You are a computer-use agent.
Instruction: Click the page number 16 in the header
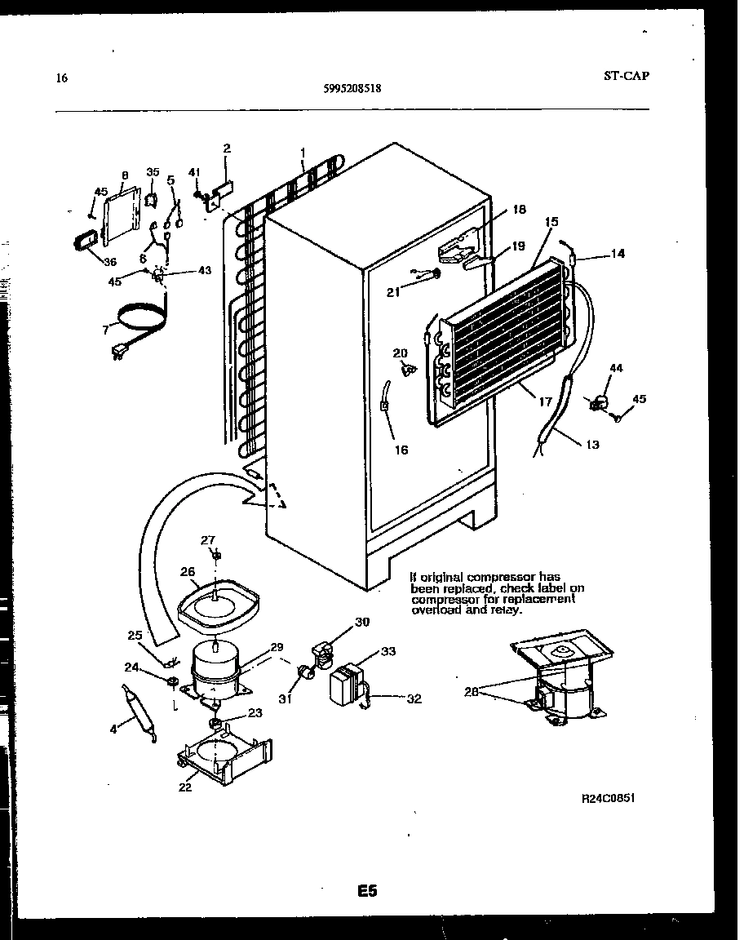[60, 79]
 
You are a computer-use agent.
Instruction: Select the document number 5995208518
[351, 91]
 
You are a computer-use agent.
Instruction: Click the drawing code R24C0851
[608, 799]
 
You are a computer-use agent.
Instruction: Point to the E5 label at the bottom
[366, 891]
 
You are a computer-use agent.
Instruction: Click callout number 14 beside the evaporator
[618, 254]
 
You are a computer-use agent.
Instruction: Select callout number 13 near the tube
[591, 445]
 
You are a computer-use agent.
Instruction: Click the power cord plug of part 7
[120, 352]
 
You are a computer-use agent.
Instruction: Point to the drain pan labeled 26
[218, 603]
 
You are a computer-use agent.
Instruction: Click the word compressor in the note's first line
[506, 578]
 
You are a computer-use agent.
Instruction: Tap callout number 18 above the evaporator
[520, 210]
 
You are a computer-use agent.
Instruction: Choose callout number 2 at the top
[227, 149]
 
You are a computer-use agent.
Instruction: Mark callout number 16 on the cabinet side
[401, 450]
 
